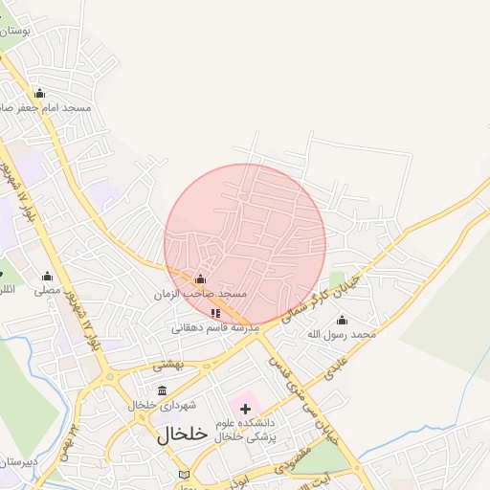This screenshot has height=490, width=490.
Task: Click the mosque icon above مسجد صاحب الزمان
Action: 200,279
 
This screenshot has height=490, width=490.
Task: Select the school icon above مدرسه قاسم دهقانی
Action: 216,312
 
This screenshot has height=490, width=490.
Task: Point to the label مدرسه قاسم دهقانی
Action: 216,327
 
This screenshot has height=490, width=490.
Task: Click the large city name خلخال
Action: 182,434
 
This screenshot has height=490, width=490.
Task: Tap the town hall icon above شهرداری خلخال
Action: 162,390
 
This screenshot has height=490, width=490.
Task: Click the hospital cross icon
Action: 244,409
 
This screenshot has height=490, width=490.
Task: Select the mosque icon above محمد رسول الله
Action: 342,320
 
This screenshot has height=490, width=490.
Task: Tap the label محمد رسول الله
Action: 342,335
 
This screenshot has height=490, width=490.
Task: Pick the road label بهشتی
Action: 167,366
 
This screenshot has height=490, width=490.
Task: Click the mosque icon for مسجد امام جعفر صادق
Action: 39,94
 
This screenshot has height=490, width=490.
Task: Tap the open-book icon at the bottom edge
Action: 185,475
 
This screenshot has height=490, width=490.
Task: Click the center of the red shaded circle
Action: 245,244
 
